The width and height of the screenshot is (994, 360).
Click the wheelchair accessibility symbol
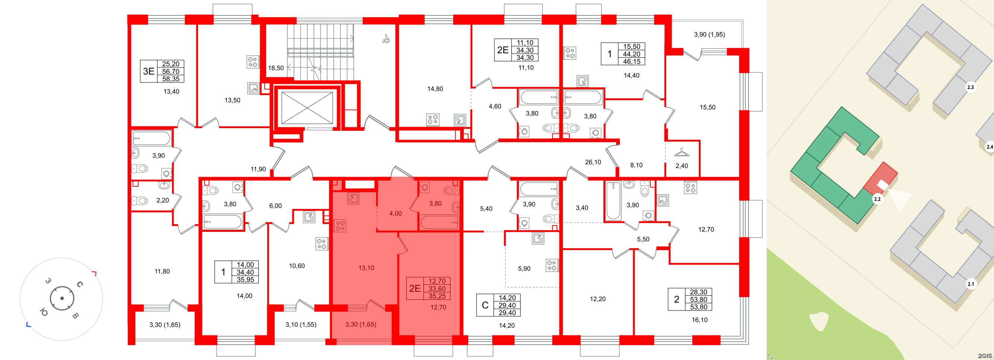tap(386, 39)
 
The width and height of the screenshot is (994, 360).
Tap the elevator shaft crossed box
tap(307, 108)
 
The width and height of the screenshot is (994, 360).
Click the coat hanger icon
tap(681, 153)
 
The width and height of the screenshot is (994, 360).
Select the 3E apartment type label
tap(149, 72)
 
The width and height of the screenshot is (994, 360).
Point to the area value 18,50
tap(276, 68)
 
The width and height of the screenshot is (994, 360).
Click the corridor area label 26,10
tap(593, 162)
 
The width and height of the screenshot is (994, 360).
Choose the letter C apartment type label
tap(485, 305)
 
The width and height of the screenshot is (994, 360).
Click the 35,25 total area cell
tap(437, 296)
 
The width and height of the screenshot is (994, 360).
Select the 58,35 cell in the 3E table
tap(171, 79)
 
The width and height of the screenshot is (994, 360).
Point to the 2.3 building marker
tap(970, 87)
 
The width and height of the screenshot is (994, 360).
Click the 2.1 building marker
tap(971, 284)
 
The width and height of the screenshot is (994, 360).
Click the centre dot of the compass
tap(62, 298)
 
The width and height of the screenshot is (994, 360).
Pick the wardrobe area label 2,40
tap(681, 166)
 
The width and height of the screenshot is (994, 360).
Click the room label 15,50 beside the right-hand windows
tap(707, 107)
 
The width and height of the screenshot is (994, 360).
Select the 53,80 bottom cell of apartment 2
tap(698, 307)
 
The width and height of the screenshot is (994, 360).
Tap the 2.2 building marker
tap(877, 199)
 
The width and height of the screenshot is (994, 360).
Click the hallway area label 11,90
tap(258, 169)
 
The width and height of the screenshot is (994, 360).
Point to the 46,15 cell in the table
tap(632, 61)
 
